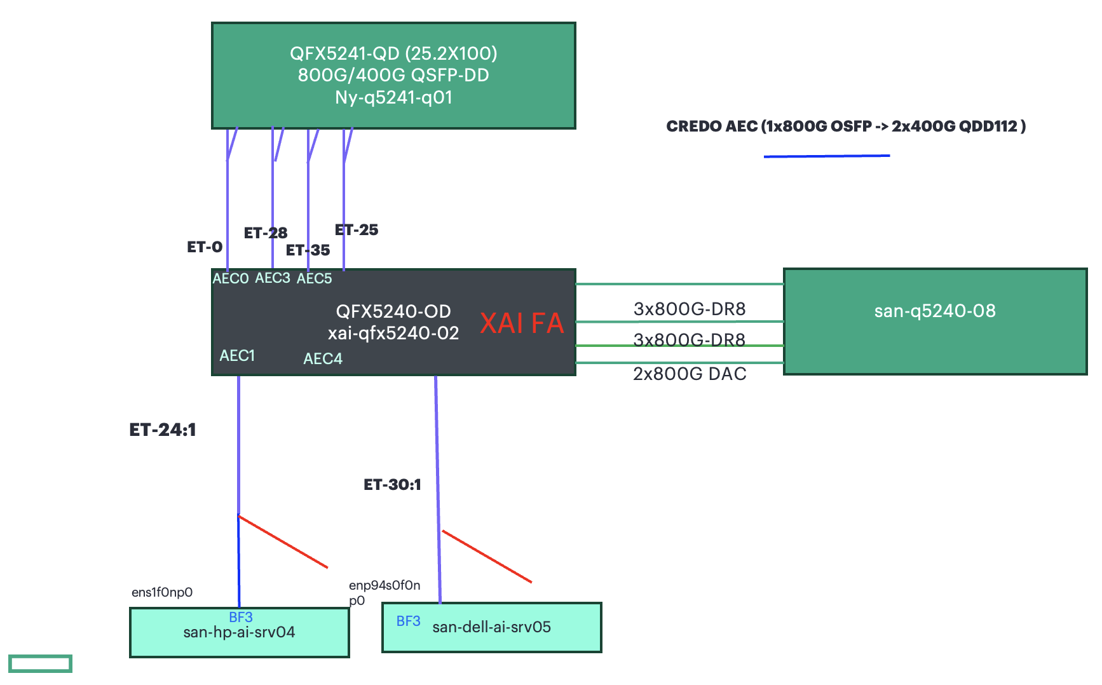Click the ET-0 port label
point(205,247)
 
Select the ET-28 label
point(266,233)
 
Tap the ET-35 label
point(308,250)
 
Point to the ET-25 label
point(357,230)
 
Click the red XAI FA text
point(522,323)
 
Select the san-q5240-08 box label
point(934,311)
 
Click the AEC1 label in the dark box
point(237,356)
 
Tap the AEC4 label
point(323,359)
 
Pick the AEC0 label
point(230,279)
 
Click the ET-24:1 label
point(163,430)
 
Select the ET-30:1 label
point(392,485)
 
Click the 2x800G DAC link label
point(690,374)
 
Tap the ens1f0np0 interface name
point(162,592)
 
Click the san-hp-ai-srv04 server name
point(239,632)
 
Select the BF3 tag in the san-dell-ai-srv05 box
point(408,621)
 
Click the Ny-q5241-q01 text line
point(393,98)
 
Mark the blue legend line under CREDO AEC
point(826,156)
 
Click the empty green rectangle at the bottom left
point(40,663)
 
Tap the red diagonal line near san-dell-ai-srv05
point(487,557)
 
